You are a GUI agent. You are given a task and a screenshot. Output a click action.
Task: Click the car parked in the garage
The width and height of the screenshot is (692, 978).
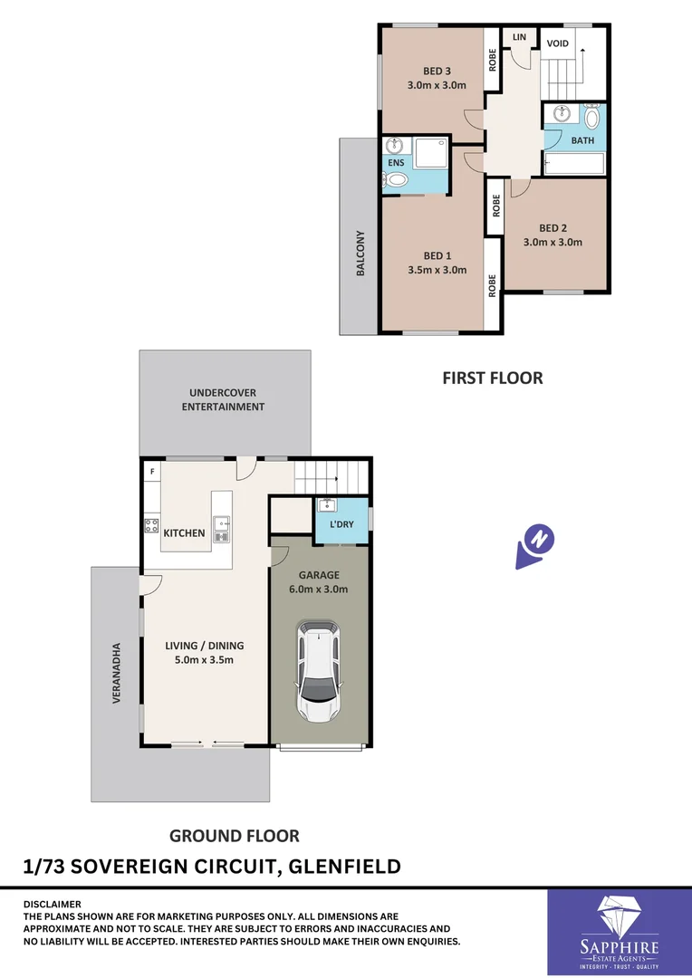click(319, 671)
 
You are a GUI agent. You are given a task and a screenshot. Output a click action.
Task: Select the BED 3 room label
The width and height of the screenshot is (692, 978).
click(437, 71)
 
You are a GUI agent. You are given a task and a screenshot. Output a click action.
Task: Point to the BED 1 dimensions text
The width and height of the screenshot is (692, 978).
click(437, 270)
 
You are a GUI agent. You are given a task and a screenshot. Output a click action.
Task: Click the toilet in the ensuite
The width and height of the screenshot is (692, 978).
click(394, 179)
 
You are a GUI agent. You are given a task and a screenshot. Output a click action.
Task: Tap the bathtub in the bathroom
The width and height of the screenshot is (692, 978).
click(573, 164)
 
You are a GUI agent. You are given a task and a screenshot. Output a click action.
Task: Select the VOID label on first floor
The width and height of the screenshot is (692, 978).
click(558, 43)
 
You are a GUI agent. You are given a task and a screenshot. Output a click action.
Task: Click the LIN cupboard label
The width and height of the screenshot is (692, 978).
click(519, 37)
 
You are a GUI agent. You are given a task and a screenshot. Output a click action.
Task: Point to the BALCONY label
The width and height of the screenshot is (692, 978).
click(360, 253)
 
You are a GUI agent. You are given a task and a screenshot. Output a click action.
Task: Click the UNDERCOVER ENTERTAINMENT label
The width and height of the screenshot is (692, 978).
click(223, 399)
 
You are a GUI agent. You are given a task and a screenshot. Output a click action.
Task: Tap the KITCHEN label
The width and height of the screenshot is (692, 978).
click(184, 533)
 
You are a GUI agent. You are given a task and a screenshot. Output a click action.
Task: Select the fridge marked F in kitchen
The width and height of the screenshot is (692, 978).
click(151, 472)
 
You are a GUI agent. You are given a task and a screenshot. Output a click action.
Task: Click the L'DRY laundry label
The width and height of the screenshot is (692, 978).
click(341, 525)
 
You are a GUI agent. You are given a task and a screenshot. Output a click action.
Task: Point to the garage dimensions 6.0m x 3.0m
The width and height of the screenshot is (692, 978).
click(319, 589)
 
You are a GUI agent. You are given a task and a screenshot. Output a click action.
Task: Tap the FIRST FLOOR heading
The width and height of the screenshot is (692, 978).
click(492, 378)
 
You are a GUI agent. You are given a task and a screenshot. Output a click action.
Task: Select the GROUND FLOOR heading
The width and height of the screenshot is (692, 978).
click(235, 836)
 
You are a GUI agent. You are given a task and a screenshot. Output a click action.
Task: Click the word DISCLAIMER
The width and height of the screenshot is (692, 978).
click(52, 904)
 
